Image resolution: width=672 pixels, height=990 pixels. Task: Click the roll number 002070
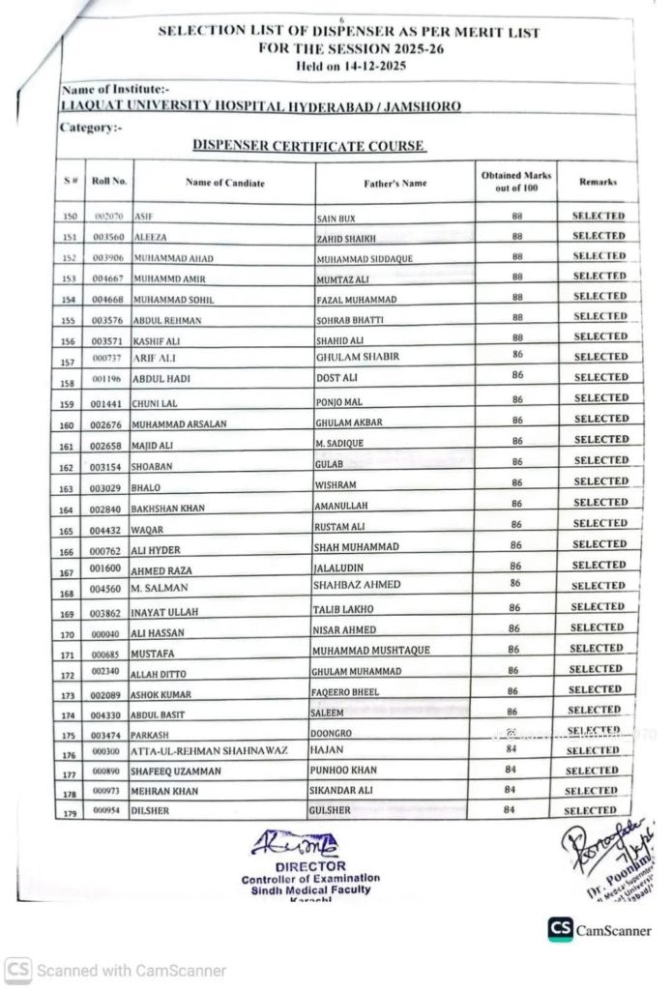pos(107,217)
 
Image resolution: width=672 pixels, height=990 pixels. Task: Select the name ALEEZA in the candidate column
pos(150,238)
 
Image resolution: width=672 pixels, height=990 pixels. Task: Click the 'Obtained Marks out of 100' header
pos(516,181)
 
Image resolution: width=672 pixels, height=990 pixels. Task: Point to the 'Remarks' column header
pos(598,182)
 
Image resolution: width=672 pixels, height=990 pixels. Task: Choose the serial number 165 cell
pos(68,525)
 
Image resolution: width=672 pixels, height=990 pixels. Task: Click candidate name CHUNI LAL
pos(155,403)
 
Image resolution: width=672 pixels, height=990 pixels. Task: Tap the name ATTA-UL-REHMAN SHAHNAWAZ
pos(209,750)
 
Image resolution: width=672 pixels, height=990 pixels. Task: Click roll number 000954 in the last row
pos(105,811)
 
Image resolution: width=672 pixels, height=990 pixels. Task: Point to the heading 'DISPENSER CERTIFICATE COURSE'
pos(308,146)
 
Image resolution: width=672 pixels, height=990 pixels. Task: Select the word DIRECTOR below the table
pos(310,866)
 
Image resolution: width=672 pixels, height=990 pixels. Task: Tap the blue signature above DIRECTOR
pos(296,844)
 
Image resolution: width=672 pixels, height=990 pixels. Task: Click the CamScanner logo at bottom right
pos(560,929)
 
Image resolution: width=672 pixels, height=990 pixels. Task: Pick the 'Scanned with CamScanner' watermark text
pos(130,970)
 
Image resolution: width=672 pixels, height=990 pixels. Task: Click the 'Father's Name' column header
pos(394,183)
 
